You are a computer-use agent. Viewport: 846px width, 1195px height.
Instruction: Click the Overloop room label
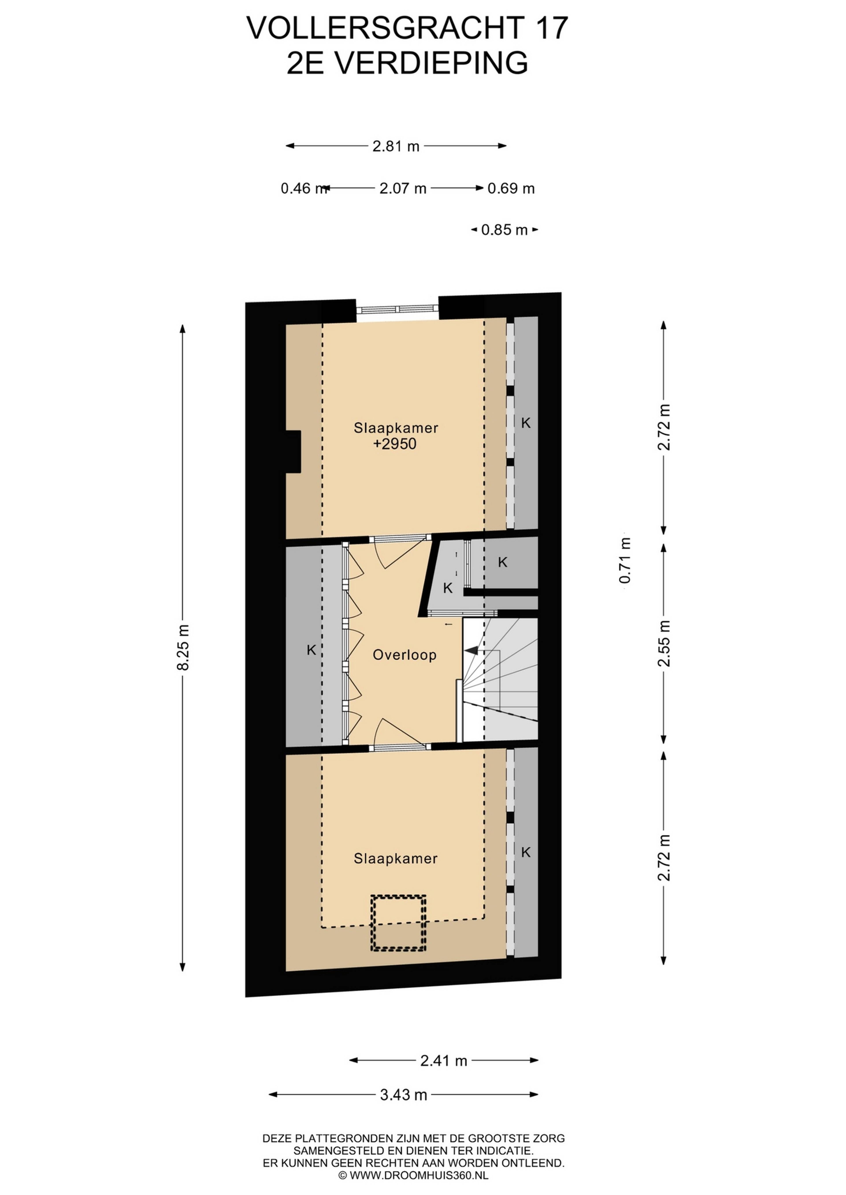pos(404,655)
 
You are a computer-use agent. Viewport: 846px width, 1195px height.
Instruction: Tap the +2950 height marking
pos(395,444)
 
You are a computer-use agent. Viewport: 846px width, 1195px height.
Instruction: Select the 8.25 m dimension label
pos(183,647)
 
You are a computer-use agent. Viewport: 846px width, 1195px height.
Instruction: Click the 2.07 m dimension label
pos(403,188)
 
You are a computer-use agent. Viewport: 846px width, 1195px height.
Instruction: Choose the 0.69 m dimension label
pos(511,188)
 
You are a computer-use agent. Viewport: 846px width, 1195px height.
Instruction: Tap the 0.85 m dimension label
pos(504,230)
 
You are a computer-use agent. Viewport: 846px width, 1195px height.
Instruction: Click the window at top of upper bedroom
pos(397,309)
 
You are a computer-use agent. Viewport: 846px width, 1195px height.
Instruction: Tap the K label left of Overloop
pos(312,650)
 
